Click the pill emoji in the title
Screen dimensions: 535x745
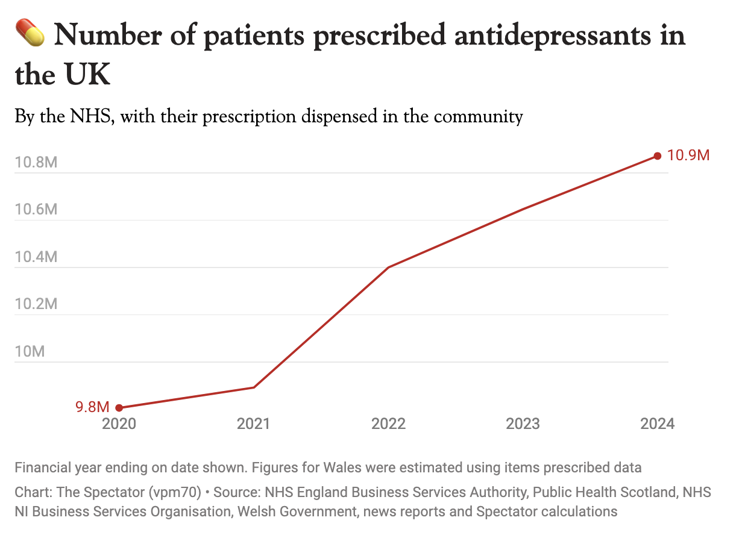pos(30,33)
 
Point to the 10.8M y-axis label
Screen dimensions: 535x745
pos(36,162)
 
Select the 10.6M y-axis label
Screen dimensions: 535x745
pos(36,210)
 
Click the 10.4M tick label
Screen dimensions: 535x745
pos(36,257)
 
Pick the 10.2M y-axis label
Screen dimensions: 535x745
pos(36,304)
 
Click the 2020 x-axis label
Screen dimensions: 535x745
pos(119,424)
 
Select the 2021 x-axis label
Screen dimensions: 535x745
pos(254,424)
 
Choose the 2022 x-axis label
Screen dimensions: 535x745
pos(389,424)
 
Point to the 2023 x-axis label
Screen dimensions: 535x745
pos(523,424)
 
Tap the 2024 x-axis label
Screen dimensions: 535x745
pos(658,424)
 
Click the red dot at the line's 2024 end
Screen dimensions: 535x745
pos(658,156)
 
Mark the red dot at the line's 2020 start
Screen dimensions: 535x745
pos(119,408)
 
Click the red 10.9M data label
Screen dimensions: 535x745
pos(688,155)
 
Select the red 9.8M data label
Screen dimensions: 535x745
pos(92,407)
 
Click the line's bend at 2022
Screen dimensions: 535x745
pos(389,267)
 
